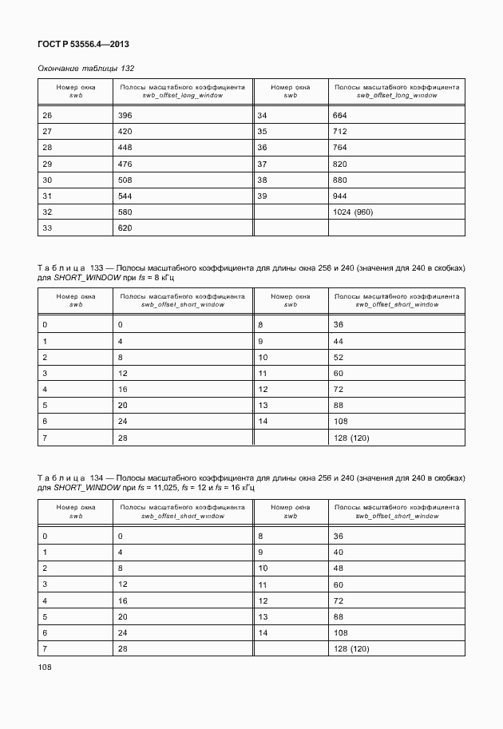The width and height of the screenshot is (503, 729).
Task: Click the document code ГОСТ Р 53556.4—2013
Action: tap(83, 44)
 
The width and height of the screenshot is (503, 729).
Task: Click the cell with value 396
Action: tap(125, 115)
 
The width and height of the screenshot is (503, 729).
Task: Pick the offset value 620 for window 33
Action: tap(125, 228)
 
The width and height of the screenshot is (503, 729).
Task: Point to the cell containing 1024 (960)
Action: tap(354, 212)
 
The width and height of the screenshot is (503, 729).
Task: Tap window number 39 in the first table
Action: tap(261, 196)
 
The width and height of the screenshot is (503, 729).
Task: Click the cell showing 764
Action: tap(340, 148)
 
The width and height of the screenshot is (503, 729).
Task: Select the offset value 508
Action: tap(125, 180)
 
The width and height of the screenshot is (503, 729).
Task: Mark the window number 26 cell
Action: tap(47, 115)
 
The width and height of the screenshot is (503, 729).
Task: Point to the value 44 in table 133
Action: tap(338, 341)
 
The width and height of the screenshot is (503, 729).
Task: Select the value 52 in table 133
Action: tap(338, 357)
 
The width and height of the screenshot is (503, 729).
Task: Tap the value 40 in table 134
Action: tap(338, 552)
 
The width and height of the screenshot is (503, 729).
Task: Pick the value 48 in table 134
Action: tap(338, 568)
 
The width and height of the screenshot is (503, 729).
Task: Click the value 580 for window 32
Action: tap(125, 212)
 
